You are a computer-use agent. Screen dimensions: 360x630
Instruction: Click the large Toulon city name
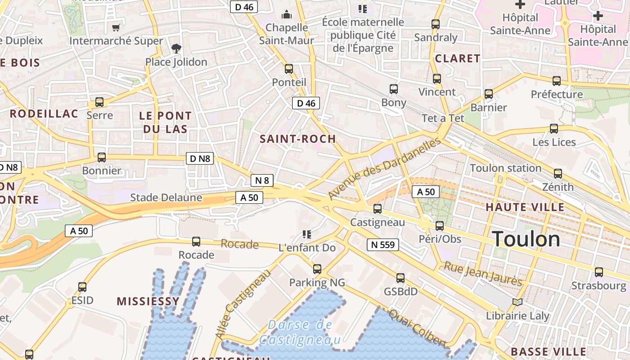[x=526, y=239]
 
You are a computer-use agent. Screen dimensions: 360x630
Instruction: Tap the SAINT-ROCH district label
[x=298, y=139]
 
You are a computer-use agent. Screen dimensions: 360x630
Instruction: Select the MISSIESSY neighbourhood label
[x=148, y=301]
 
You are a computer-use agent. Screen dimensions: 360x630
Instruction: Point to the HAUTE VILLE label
[x=525, y=207]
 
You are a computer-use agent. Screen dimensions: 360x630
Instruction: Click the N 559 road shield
[x=383, y=245]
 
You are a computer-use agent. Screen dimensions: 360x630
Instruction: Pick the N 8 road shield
[x=262, y=180]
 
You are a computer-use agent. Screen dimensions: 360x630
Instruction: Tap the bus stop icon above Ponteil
[x=289, y=69]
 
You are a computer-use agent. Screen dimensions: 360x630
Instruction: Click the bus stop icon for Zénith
[x=558, y=174]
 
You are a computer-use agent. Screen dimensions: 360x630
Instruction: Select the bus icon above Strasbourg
[x=598, y=272]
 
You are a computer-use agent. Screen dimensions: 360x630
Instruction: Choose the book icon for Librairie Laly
[x=517, y=302]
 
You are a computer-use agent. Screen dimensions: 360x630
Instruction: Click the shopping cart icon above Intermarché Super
[x=116, y=28]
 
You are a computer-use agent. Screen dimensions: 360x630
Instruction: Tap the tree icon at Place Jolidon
[x=176, y=49]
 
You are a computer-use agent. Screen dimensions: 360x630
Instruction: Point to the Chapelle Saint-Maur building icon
[x=286, y=14]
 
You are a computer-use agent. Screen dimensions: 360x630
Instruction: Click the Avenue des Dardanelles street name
[x=385, y=169]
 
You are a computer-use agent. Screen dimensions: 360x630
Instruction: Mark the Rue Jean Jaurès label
[x=483, y=274]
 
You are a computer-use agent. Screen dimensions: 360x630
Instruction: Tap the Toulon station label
[x=505, y=168]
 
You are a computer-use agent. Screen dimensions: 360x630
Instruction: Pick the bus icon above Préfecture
[x=557, y=81]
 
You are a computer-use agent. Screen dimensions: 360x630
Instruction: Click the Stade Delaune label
[x=166, y=198]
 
